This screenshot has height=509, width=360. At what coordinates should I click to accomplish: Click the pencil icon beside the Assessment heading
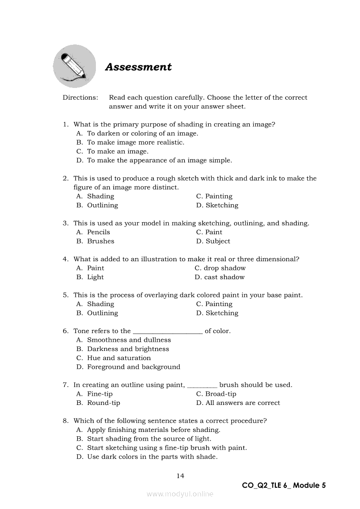(x=74, y=66)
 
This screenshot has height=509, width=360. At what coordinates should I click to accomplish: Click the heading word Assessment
(x=138, y=67)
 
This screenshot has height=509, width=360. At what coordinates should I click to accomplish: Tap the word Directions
(x=80, y=98)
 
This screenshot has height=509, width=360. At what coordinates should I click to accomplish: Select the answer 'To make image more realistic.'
(x=136, y=142)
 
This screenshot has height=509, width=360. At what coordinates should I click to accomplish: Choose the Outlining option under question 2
(x=102, y=206)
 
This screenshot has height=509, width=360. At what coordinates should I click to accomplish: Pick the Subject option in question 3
(x=217, y=241)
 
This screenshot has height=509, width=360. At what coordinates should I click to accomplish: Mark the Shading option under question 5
(x=100, y=304)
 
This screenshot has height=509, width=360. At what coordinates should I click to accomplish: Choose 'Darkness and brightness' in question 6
(x=128, y=349)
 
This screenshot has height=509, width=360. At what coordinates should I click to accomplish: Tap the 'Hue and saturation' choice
(x=119, y=358)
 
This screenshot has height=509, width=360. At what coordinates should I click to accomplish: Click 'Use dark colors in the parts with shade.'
(x=152, y=457)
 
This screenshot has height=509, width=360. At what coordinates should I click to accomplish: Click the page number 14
(x=180, y=476)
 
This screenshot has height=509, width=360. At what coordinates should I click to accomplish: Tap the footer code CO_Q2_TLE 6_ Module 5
(x=284, y=485)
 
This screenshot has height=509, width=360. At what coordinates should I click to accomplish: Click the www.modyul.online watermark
(x=180, y=494)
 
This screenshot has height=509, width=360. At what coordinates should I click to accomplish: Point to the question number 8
(x=65, y=421)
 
